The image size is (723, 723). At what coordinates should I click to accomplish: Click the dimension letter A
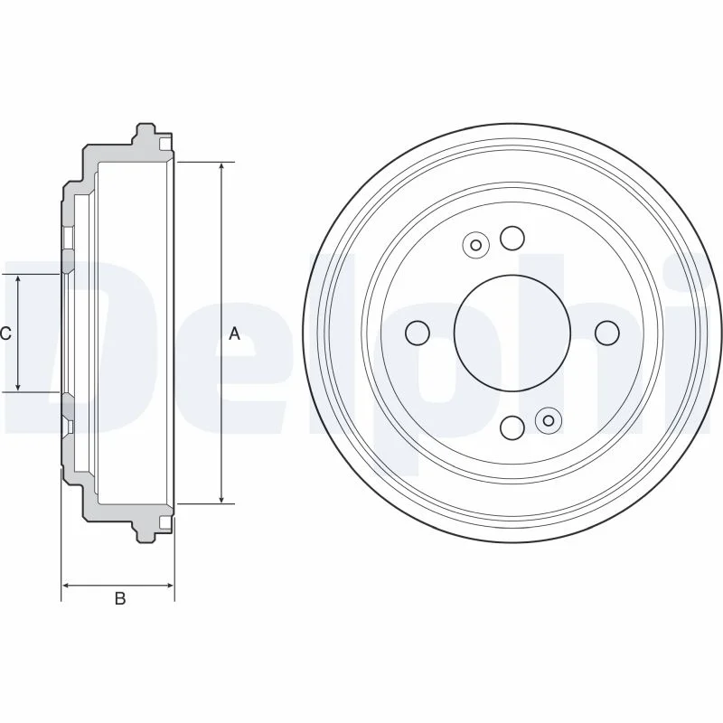(x=235, y=333)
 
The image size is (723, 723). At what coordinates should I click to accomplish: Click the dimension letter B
(x=120, y=598)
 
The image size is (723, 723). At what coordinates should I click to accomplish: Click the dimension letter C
(x=5, y=333)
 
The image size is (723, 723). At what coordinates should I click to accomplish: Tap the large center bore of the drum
(x=512, y=333)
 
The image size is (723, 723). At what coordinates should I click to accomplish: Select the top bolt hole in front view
(x=512, y=238)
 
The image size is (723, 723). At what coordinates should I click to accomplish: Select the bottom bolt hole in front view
(x=512, y=427)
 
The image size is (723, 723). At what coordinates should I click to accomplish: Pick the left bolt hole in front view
(x=418, y=333)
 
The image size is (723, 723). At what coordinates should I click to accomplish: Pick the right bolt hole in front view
(x=607, y=333)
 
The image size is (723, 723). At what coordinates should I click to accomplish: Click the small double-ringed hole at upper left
(x=476, y=245)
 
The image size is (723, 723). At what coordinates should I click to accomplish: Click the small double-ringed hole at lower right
(x=549, y=420)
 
